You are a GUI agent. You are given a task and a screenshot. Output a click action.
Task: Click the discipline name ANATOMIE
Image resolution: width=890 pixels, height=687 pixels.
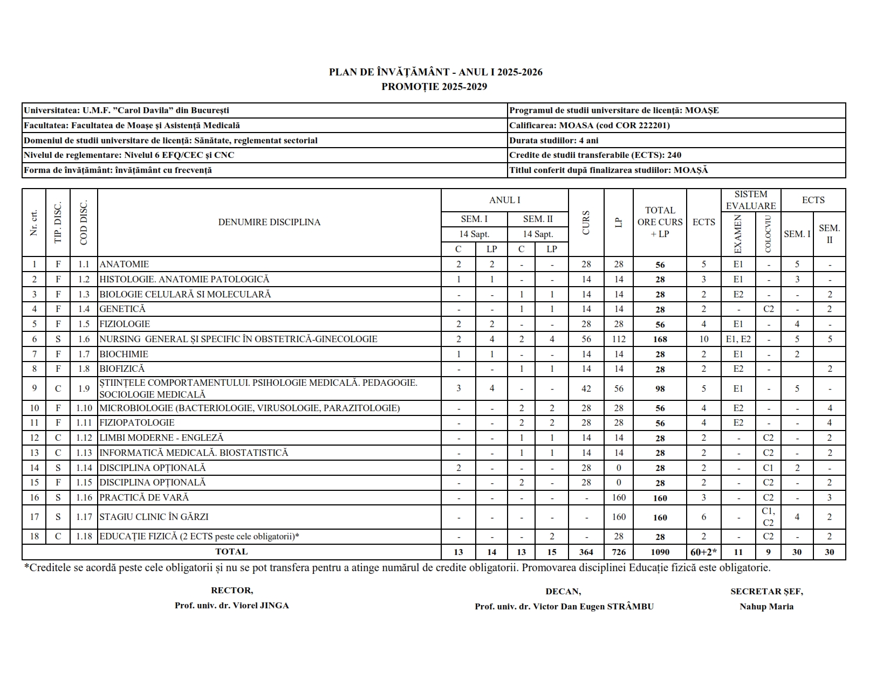click(124, 265)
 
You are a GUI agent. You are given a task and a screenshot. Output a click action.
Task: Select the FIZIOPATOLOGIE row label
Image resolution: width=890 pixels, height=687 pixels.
click(136, 423)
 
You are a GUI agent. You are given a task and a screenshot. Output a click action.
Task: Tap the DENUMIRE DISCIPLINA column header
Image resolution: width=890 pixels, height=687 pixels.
click(269, 222)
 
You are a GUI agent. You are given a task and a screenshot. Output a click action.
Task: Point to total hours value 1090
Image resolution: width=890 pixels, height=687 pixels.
click(660, 552)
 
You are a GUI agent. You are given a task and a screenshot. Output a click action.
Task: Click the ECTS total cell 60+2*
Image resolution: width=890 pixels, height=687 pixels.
click(703, 552)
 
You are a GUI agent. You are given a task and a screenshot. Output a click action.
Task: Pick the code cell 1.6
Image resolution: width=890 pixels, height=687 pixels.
click(84, 339)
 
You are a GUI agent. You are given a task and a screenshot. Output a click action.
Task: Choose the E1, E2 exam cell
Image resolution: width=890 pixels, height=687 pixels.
click(738, 339)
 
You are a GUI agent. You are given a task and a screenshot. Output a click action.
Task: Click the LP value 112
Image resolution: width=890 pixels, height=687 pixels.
click(619, 339)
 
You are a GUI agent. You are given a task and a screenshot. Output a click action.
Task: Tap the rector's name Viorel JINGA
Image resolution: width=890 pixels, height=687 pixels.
click(231, 606)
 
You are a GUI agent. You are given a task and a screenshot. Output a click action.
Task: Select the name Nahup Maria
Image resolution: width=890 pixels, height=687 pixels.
click(766, 607)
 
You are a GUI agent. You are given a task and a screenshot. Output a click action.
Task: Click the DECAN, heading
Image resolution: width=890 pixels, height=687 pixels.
click(563, 592)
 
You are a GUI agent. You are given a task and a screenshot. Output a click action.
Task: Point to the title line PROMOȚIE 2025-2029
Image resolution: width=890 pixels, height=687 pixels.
click(435, 87)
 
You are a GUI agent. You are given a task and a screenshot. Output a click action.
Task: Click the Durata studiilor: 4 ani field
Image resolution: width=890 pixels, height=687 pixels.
click(554, 141)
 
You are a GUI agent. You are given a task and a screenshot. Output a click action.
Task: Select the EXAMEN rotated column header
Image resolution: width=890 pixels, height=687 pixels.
click(738, 234)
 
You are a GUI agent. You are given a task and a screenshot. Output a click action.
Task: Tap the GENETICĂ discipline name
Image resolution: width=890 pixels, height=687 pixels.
click(122, 309)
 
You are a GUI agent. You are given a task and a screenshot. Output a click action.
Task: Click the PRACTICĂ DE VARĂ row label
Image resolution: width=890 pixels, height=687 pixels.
click(144, 498)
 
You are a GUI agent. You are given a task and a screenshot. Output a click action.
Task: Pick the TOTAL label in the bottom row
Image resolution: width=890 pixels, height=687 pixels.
click(231, 552)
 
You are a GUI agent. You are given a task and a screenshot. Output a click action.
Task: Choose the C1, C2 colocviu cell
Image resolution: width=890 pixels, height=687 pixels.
click(768, 517)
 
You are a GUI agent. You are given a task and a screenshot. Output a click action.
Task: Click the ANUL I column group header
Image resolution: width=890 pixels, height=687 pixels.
click(504, 200)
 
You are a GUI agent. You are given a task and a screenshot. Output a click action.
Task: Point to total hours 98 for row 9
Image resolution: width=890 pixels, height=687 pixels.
click(660, 389)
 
